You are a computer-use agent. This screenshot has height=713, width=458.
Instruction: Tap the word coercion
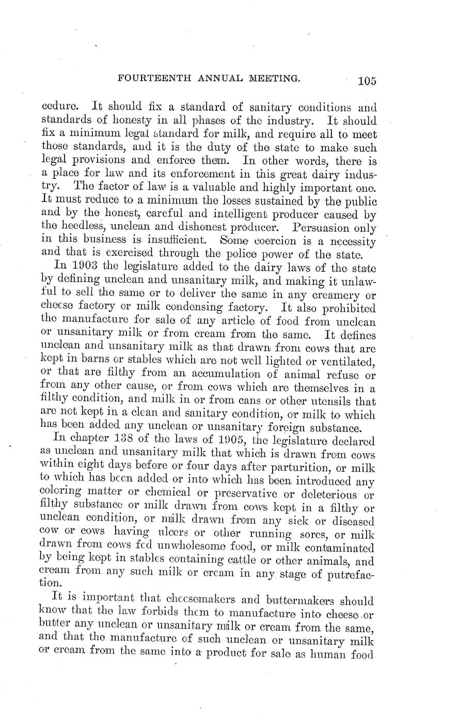coord(266,240)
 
